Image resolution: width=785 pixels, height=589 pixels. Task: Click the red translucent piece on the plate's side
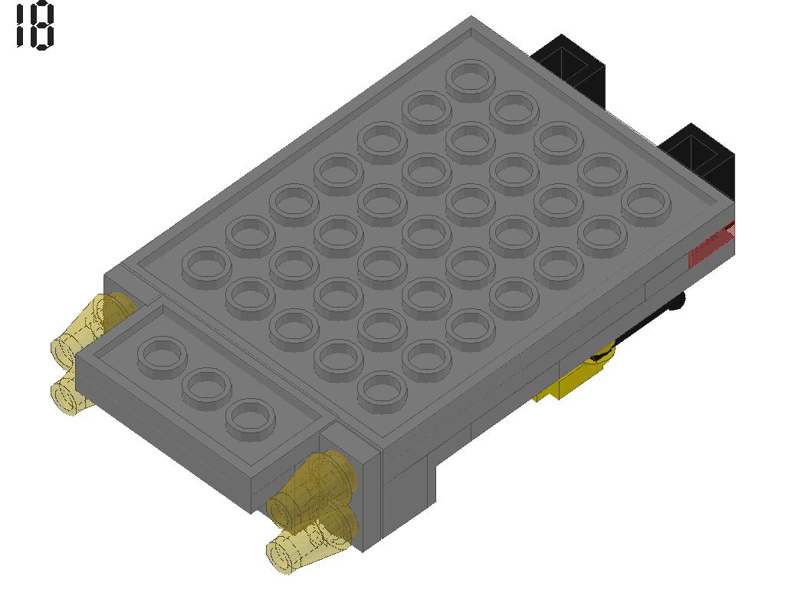(711, 247)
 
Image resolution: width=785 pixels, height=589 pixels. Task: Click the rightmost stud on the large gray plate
(645, 202)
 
